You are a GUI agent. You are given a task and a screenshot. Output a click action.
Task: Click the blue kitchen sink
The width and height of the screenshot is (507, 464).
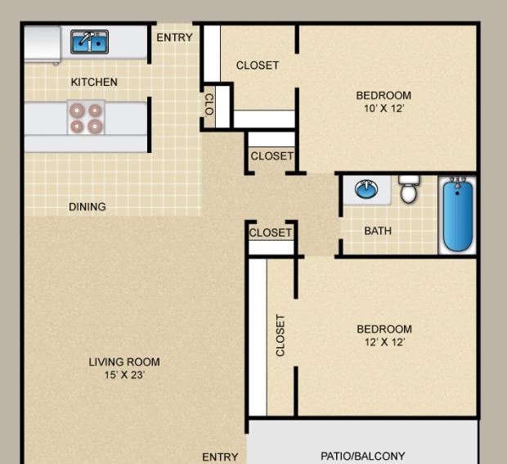(x=90, y=42)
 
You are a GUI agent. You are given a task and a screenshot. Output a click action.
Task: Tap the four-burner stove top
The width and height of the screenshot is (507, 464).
(x=86, y=118)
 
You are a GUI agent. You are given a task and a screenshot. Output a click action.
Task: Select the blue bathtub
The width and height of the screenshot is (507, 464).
(x=458, y=215)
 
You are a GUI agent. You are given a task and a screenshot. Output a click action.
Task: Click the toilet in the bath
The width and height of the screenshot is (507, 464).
(x=409, y=189)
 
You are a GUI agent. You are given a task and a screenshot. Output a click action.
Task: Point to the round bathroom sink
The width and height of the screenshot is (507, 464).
(x=366, y=189)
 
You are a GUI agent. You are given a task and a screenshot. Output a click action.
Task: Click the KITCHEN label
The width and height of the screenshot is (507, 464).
(x=94, y=82)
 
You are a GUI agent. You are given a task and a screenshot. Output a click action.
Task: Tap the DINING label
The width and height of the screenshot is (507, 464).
(x=87, y=207)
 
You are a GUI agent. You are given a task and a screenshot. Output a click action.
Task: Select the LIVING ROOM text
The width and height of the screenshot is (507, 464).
(x=124, y=362)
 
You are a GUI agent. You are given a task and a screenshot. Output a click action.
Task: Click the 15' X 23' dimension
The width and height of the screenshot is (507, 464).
(x=124, y=375)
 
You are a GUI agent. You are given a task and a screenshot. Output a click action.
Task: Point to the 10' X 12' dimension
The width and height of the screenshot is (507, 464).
(x=384, y=108)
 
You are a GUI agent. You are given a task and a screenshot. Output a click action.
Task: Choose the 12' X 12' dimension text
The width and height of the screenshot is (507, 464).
(x=385, y=342)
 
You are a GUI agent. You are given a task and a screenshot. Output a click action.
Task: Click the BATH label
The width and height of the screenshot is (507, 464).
(x=378, y=231)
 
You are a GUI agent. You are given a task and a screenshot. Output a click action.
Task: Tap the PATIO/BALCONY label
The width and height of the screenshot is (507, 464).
(x=363, y=457)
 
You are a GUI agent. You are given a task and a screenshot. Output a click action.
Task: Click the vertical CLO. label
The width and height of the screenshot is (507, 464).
(x=209, y=105)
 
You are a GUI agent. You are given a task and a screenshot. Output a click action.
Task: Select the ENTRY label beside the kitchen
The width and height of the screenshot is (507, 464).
(x=175, y=38)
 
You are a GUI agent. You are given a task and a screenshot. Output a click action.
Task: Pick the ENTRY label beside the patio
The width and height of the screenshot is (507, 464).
(x=220, y=457)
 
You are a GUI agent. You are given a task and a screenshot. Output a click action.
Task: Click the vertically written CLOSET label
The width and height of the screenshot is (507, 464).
(x=280, y=336)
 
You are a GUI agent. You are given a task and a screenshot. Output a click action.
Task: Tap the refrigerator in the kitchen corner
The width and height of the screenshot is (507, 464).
(x=43, y=44)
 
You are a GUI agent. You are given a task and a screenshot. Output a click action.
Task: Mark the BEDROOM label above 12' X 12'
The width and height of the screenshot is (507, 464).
(x=384, y=329)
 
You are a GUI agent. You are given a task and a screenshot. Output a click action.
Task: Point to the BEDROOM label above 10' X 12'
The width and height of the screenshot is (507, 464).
(x=384, y=96)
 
